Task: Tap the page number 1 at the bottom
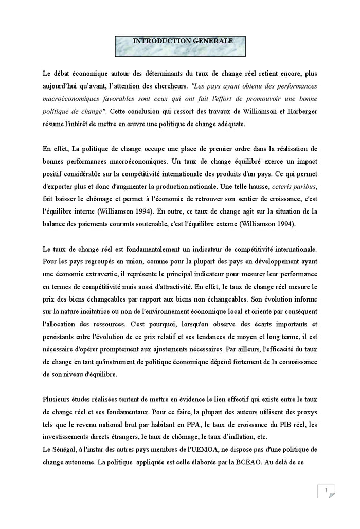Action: (x=326, y=490)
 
